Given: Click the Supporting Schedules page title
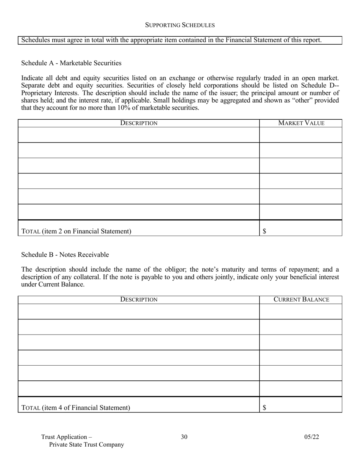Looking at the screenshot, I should point(180,25).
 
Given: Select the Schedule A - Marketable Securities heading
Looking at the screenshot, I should point(71,63).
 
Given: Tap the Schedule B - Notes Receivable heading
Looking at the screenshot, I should point(65,255).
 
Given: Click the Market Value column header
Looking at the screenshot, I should point(301,123).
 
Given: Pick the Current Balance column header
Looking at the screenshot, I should point(301,299).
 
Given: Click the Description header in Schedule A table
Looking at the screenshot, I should point(139,123).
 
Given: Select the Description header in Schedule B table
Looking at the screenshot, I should point(139,299).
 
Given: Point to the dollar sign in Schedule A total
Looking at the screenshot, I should point(265,231).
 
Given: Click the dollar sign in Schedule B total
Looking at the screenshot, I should point(265,408).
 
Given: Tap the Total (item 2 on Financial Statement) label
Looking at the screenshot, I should point(77,231).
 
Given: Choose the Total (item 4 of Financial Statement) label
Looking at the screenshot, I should point(76,408).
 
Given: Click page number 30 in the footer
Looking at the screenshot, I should point(184,437).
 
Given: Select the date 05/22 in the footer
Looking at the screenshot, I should point(311,437).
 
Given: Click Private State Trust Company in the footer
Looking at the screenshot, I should point(86,444).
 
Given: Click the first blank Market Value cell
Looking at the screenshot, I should point(301,134).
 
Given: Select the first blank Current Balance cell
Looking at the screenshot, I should point(301,311).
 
